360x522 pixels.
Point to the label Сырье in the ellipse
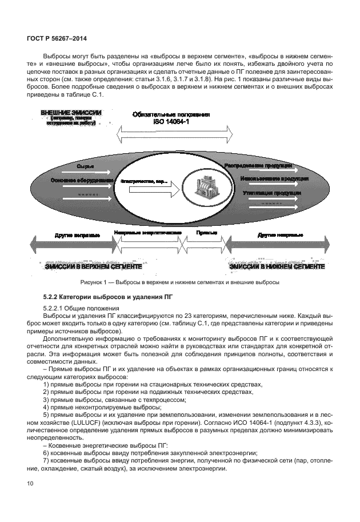click(84, 166)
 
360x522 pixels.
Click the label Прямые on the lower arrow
click(206, 234)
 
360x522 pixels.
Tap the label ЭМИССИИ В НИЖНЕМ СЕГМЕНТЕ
click(277, 266)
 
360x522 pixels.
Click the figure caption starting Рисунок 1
click(179, 282)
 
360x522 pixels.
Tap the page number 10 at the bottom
click(30, 484)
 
